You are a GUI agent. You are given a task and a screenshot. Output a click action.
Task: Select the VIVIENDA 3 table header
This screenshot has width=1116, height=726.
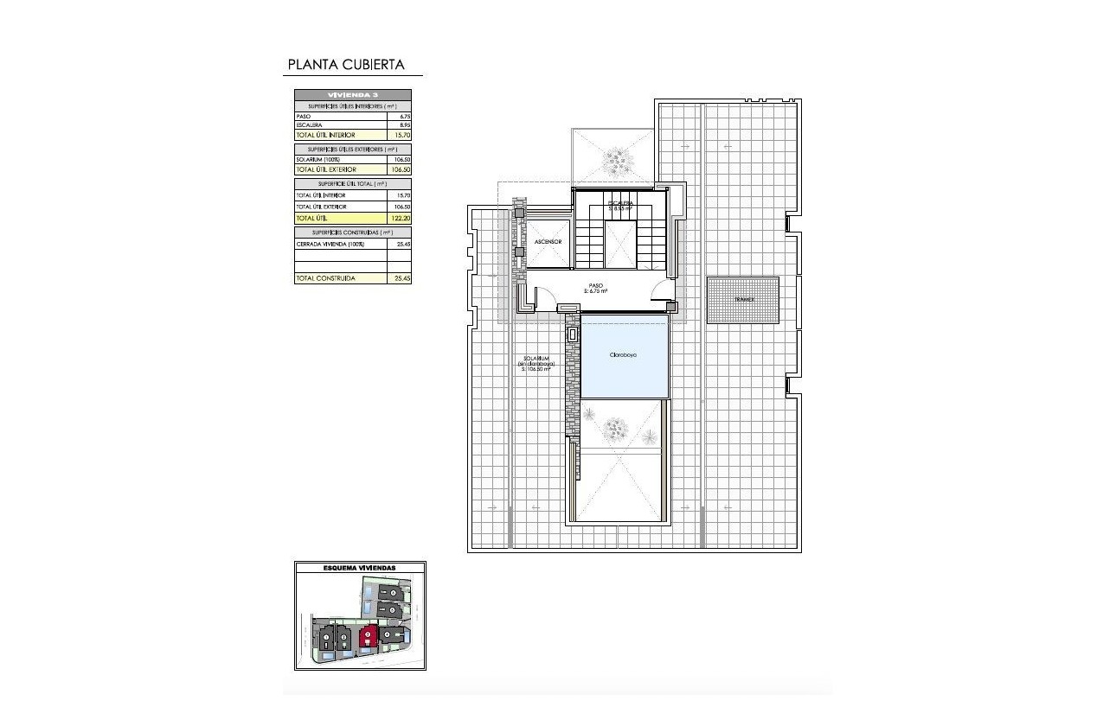coord(353,94)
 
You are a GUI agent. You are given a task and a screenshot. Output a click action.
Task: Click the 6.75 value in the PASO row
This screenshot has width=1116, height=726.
coord(404,116)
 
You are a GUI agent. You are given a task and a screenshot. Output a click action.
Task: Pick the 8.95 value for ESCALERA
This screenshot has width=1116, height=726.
coord(404,125)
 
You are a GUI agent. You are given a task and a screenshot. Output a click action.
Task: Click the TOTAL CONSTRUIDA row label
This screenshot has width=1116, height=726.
coord(325,278)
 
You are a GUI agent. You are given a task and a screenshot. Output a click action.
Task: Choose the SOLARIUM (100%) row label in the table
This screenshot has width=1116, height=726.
coord(318,159)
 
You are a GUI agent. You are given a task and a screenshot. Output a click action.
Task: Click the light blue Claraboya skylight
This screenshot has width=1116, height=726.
coord(624,355)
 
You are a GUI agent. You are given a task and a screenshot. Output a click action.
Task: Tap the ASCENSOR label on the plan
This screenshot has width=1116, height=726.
coord(548,242)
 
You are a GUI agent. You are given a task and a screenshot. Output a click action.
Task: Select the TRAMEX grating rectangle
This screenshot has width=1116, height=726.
coord(742,300)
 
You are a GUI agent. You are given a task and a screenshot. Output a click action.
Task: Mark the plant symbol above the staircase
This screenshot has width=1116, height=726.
coord(617,158)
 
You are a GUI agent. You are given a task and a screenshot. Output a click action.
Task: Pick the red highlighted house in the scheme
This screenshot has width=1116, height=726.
coord(369,638)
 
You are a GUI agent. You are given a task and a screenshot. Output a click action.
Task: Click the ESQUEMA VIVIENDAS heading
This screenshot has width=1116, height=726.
coord(359,568)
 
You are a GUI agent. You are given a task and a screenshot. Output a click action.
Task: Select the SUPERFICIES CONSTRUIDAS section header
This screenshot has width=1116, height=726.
coord(353,233)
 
